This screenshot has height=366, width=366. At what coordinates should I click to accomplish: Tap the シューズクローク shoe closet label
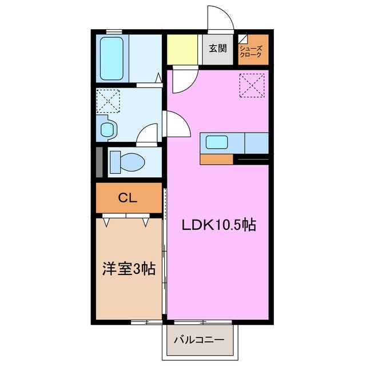coord(253,49)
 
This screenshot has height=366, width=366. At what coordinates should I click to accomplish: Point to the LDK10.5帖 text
coord(218,225)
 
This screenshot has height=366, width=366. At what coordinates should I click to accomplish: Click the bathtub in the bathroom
coord(112,58)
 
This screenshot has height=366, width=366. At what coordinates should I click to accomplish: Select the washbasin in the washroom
coord(108,128)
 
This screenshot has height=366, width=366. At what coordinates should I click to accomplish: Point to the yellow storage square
coord(182,50)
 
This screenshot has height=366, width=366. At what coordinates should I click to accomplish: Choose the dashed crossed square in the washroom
coord(108,101)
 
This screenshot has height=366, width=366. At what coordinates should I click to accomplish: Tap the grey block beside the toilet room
coord(100,162)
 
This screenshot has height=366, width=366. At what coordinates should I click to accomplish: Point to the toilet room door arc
coord(148,135)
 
